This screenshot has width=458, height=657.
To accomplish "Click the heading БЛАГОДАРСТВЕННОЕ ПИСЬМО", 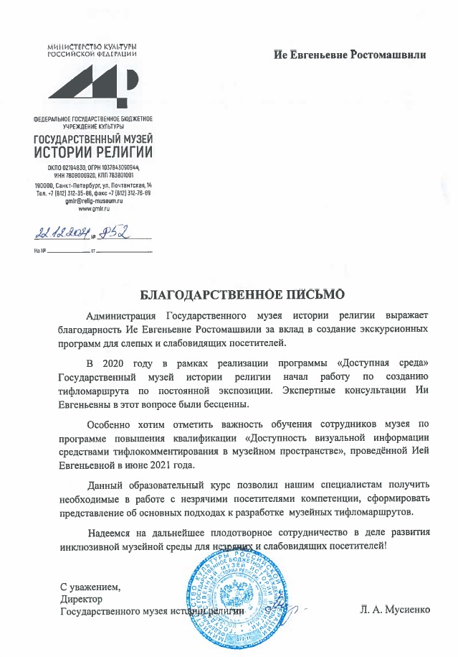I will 242,293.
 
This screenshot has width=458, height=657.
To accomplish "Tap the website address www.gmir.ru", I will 93,209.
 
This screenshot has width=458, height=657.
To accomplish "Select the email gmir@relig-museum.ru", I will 93,202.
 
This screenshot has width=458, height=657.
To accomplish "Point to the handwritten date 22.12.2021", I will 59,233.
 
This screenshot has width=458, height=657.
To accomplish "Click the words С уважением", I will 90,587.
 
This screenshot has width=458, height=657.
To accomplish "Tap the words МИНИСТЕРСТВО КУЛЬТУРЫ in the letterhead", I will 93,47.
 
